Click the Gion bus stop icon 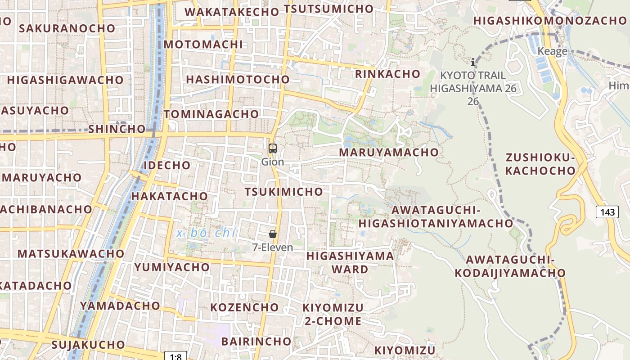[273, 148]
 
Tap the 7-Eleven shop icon [273, 234]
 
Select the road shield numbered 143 [607, 211]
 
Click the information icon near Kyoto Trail [473, 62]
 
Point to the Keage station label [552, 51]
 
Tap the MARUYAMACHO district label [389, 152]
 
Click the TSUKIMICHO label [284, 192]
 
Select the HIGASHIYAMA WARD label [350, 262]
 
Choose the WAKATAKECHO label [232, 12]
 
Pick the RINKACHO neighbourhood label [388, 74]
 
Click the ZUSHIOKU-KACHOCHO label [540, 164]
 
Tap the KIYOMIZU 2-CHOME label [333, 314]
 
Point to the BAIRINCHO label [256, 341]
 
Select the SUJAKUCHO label [88, 345]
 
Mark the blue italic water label [207, 233]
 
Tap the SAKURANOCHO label [67, 28]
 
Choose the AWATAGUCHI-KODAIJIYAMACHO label [510, 266]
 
